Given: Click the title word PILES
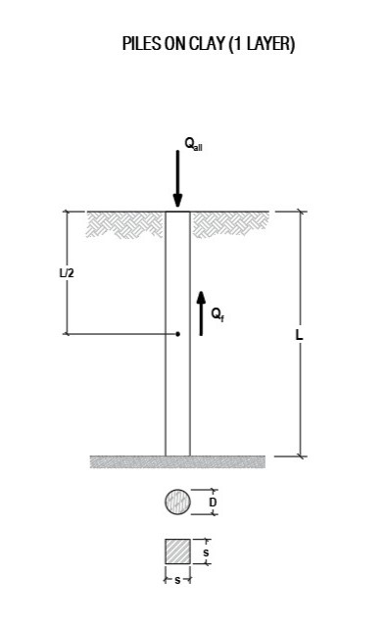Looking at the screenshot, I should (x=141, y=45).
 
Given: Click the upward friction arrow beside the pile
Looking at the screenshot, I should (x=202, y=312).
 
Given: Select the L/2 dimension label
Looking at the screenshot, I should (x=66, y=272).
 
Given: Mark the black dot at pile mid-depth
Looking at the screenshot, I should (x=177, y=334).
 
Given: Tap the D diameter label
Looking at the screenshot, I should (x=213, y=503).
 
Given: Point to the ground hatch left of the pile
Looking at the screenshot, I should (x=126, y=224).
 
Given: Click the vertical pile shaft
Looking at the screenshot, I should (x=177, y=392).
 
